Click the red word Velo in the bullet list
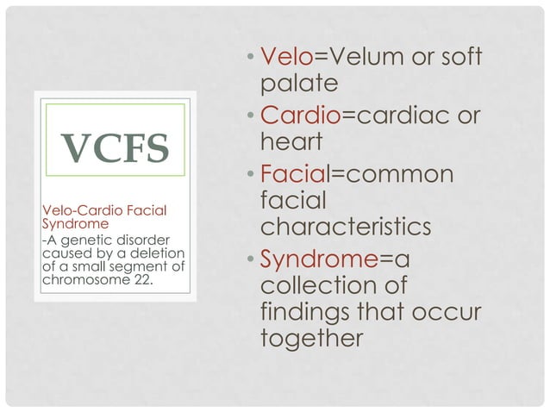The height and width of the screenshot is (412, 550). [x=287, y=58]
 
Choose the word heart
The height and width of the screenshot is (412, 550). [x=286, y=142]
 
